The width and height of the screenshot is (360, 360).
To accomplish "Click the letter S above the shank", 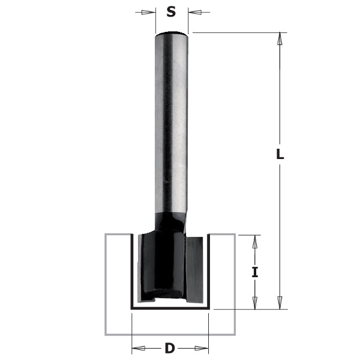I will (x=172, y=11).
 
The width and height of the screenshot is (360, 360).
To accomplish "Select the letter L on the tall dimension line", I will (x=279, y=154).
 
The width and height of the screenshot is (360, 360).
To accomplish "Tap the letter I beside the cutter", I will (x=255, y=272).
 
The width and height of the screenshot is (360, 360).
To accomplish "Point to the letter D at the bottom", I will (x=170, y=347).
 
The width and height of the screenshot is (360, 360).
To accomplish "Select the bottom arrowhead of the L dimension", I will (x=279, y=303).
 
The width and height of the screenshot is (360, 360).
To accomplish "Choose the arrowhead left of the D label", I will (x=137, y=347).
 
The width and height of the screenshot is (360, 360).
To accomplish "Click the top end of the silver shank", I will (x=172, y=34).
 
